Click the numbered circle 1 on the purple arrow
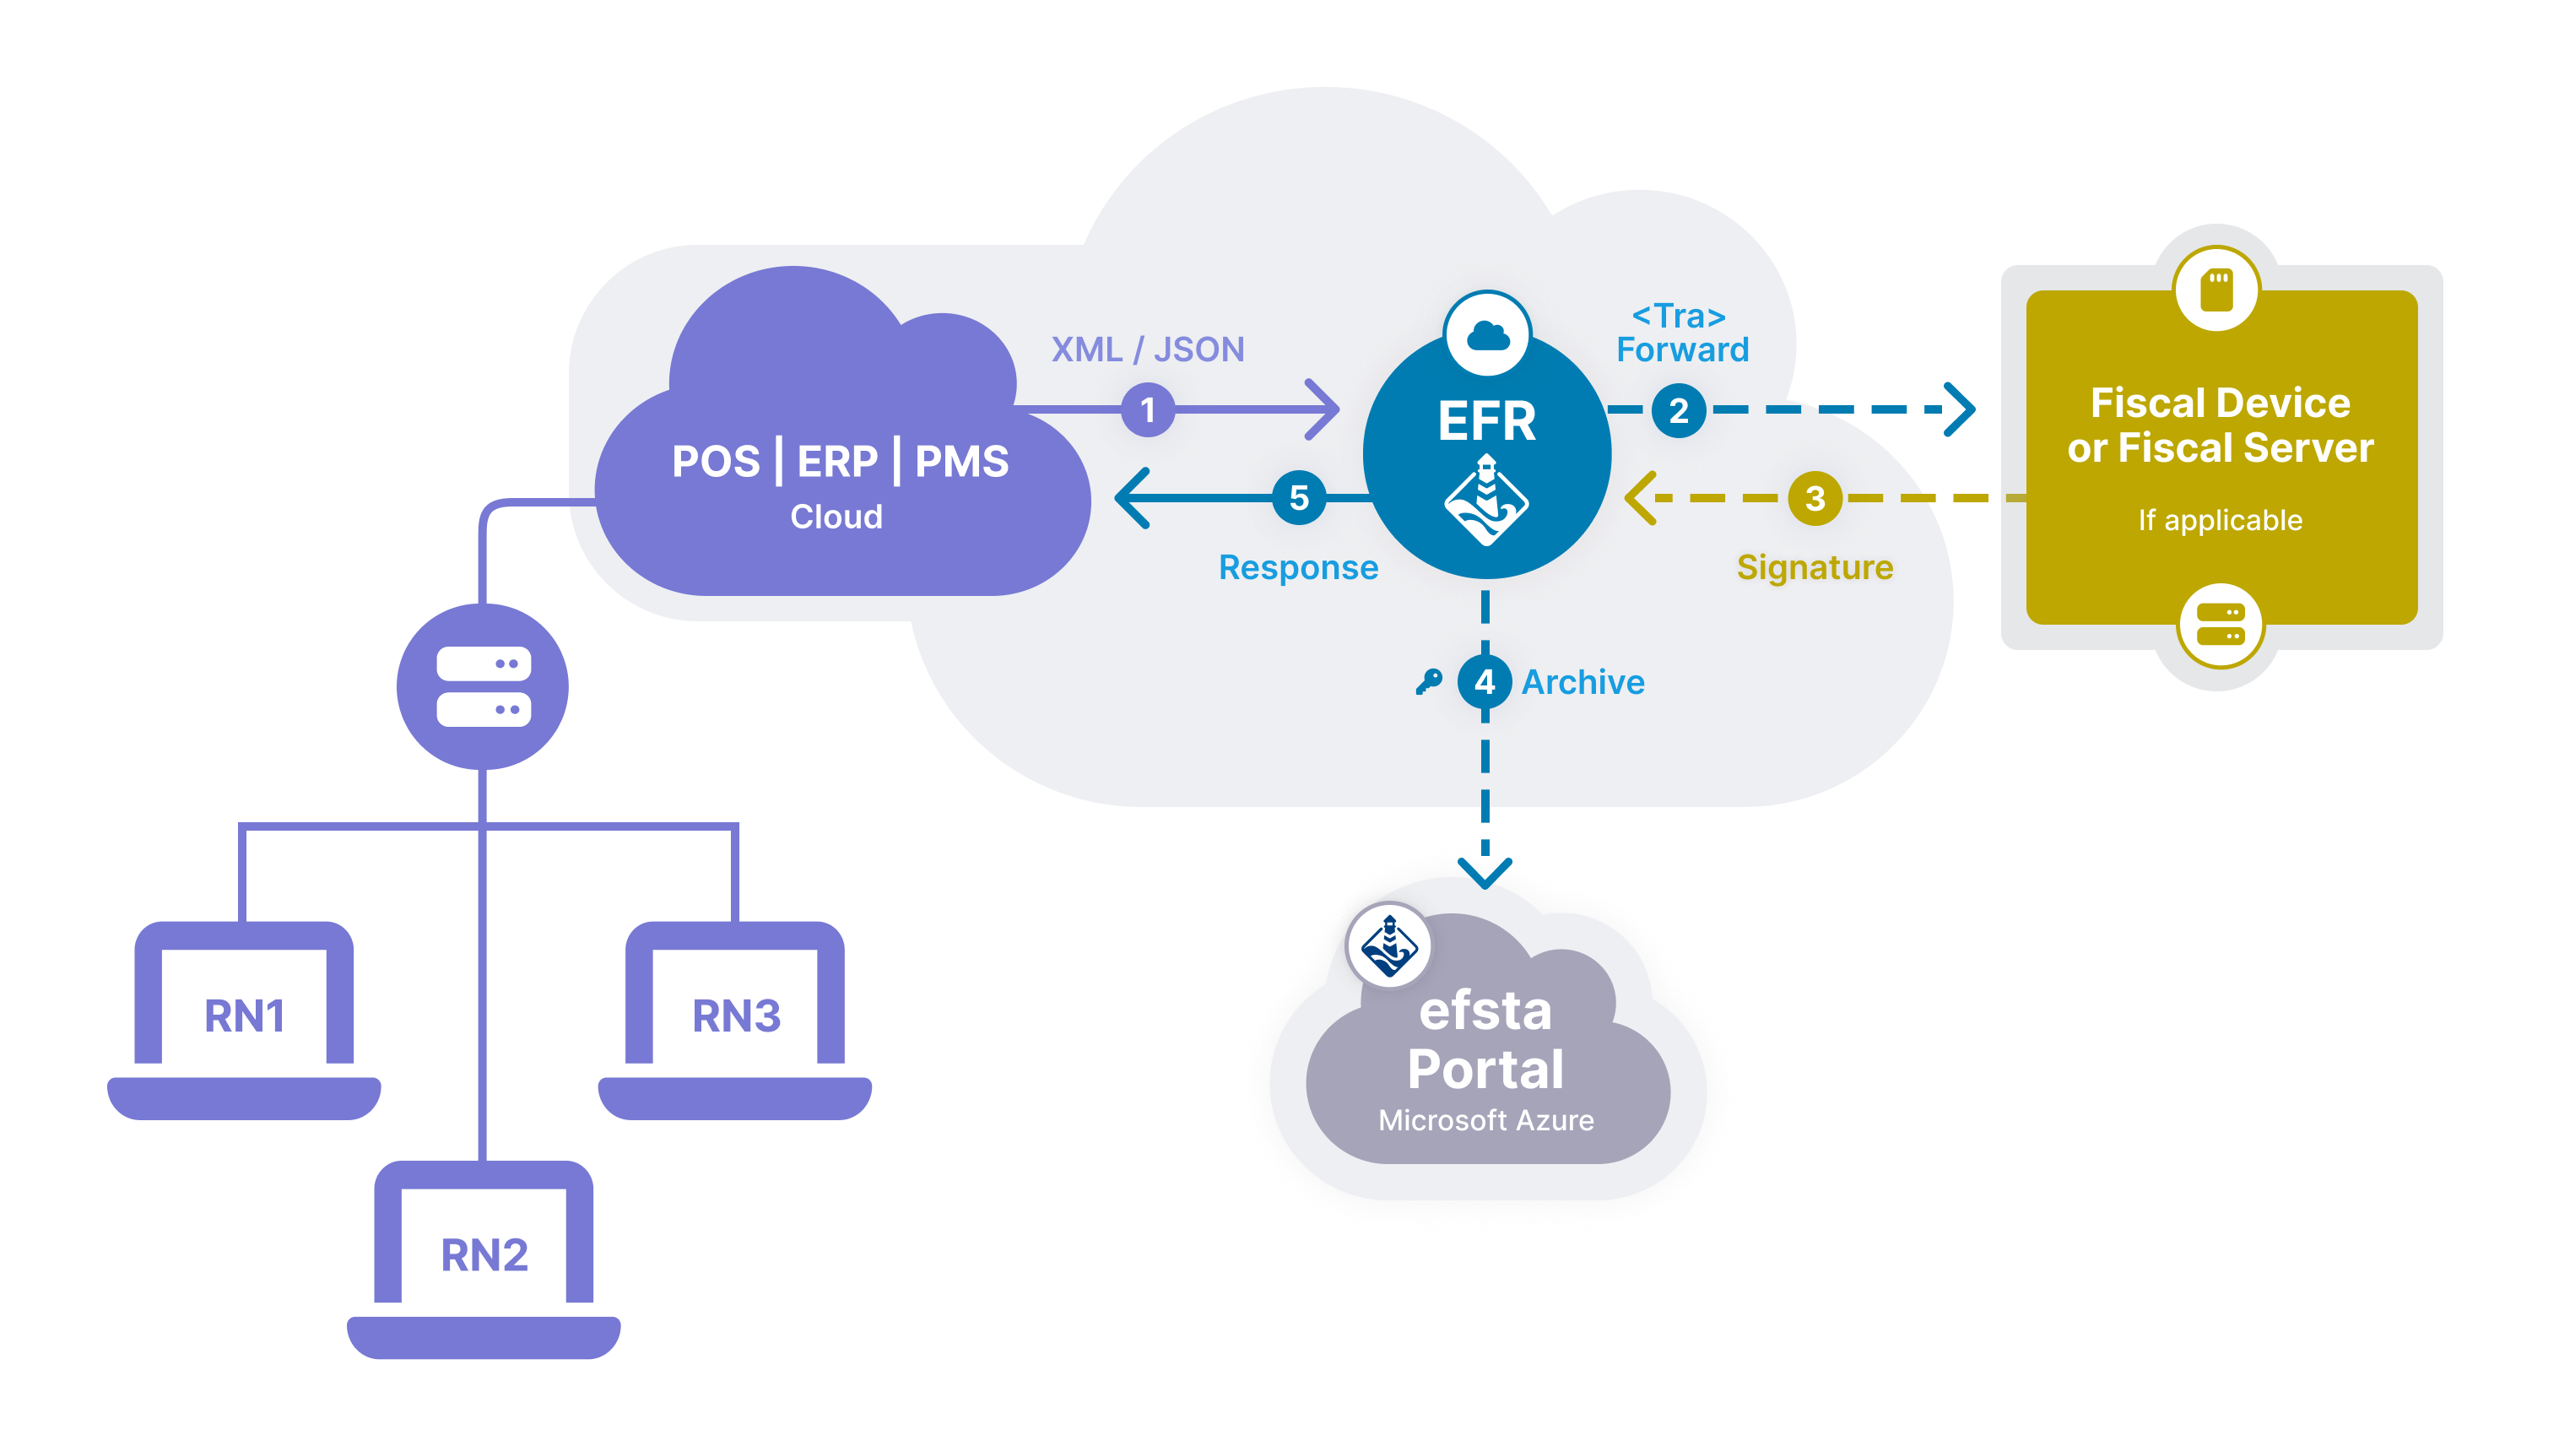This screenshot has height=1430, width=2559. [1147, 409]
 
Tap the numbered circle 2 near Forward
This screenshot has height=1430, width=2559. [1678, 409]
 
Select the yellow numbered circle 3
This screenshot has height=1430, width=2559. [1814, 498]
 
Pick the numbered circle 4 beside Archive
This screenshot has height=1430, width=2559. [1484, 682]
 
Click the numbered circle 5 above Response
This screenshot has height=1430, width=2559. [1298, 497]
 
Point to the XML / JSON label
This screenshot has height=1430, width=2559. [1147, 349]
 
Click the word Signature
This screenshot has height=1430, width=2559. [1814, 566]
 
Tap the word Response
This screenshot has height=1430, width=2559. [1297, 567]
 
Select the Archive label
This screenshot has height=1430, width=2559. [1582, 682]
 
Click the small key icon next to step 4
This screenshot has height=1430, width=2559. [1429, 682]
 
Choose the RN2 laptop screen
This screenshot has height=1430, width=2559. [484, 1254]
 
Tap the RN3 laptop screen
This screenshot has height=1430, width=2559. [735, 1014]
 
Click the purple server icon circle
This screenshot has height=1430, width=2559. [483, 686]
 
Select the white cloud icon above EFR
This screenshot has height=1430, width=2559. [1487, 335]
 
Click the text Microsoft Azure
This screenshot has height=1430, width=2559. [1485, 1120]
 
